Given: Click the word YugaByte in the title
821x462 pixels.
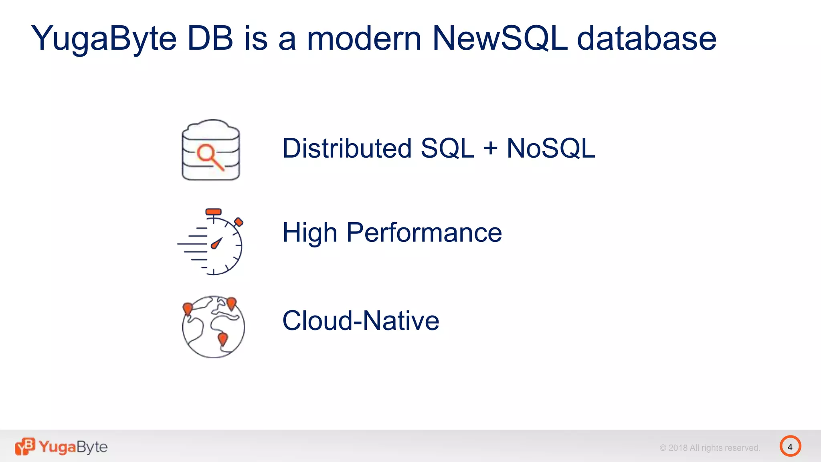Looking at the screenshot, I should [104, 39].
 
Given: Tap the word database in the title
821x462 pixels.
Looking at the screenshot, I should [646, 39].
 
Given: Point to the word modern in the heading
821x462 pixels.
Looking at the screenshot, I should [364, 39].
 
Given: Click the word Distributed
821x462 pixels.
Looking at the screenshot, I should [347, 148].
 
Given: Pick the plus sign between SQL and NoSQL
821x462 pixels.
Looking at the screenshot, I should [490, 148].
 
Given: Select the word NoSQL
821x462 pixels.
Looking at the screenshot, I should [551, 148].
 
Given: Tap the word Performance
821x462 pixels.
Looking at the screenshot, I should [424, 233].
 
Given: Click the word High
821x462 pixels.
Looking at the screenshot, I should [309, 233].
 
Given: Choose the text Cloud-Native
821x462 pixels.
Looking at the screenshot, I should [361, 321].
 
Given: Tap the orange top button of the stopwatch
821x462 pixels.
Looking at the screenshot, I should [213, 211].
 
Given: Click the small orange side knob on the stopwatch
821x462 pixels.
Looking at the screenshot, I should [239, 222].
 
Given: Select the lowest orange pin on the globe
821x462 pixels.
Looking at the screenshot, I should [222, 339].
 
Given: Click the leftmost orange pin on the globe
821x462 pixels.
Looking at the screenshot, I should [187, 308].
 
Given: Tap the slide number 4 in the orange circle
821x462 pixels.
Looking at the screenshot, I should [790, 446].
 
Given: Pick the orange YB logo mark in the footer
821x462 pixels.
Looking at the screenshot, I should [25, 446].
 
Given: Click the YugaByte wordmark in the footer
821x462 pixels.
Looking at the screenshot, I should [73, 447].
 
